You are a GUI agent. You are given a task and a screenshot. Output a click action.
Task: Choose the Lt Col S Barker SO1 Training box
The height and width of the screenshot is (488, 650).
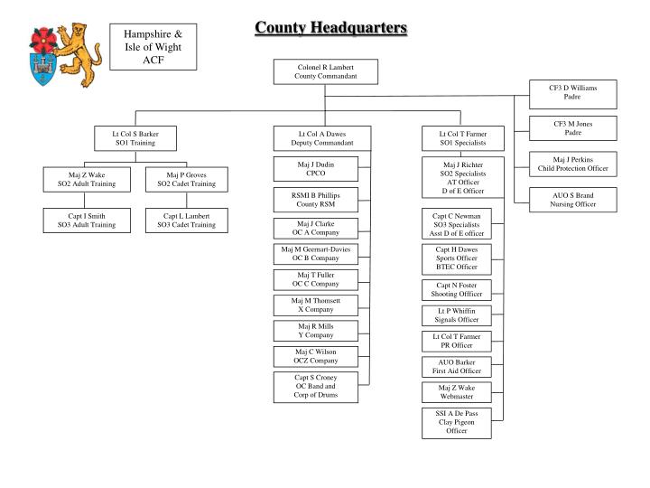[135, 138]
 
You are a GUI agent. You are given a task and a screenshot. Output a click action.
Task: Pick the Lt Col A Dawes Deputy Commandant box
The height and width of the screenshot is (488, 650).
[321, 138]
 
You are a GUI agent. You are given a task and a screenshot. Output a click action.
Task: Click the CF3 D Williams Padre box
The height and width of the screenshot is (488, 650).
[572, 92]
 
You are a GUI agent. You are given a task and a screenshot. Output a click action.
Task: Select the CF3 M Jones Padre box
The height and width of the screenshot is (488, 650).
[572, 128]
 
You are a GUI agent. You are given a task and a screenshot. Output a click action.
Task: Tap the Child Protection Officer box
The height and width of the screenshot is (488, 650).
[572, 164]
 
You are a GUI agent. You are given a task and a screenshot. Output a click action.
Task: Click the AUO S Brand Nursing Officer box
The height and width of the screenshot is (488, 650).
[572, 200]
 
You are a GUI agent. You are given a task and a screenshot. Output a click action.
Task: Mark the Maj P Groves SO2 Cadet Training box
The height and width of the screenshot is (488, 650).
[186, 180]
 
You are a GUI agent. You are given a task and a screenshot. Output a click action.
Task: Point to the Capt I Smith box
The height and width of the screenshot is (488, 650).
[87, 221]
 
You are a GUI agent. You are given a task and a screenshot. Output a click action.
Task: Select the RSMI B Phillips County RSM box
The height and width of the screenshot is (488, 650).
[315, 201]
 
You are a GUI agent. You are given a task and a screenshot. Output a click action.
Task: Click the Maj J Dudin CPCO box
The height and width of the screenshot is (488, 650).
[315, 168]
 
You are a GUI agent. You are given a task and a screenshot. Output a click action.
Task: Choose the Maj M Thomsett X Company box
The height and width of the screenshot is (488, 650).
[315, 305]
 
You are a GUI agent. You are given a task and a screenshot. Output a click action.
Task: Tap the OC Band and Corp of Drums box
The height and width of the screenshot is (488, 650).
[315, 387]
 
